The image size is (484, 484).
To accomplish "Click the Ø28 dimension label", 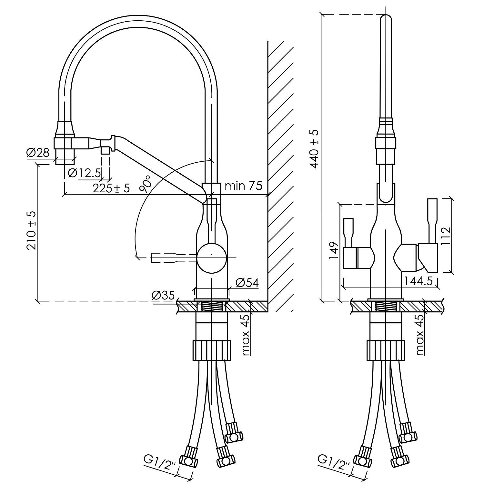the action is (38, 153).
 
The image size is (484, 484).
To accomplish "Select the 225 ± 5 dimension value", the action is (111, 188).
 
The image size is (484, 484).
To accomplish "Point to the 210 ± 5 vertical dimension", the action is (32, 231).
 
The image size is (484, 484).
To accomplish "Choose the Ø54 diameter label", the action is (247, 283).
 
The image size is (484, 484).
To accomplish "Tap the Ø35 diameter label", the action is (163, 295).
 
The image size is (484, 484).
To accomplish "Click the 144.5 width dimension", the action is (418, 281).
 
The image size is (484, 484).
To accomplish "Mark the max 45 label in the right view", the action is (420, 335).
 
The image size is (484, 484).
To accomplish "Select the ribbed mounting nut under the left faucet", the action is (212, 350).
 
